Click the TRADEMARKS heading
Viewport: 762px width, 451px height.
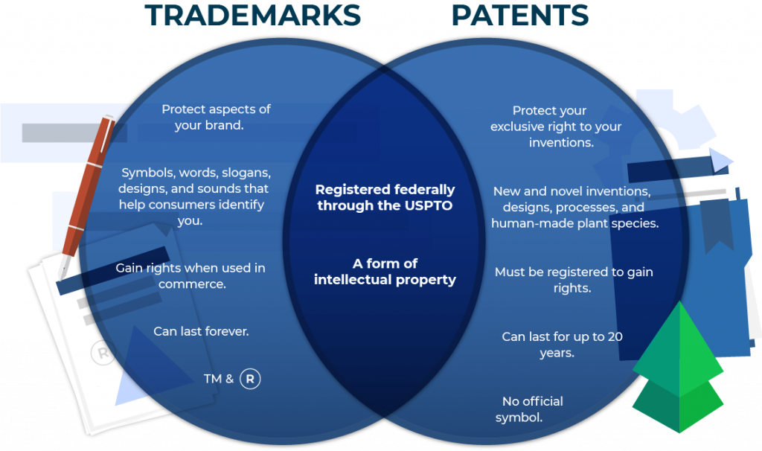(253, 15)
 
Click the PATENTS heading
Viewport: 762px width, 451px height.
(520, 15)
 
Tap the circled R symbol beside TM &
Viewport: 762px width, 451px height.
(250, 379)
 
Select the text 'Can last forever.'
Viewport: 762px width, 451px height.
(201, 331)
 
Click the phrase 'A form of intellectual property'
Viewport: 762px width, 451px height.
(385, 272)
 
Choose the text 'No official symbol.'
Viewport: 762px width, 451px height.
(529, 409)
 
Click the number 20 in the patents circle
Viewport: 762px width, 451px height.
(615, 336)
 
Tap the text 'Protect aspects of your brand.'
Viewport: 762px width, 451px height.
(216, 117)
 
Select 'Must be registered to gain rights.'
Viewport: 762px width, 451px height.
(574, 280)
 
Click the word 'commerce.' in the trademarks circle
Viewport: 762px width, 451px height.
(193, 284)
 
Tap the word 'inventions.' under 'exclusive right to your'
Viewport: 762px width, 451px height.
(561, 142)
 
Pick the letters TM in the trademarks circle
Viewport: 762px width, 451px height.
(212, 379)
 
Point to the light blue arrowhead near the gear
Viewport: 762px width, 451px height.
(721, 161)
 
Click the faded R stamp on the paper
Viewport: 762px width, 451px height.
(103, 353)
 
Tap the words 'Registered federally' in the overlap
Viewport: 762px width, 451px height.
(385, 190)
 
